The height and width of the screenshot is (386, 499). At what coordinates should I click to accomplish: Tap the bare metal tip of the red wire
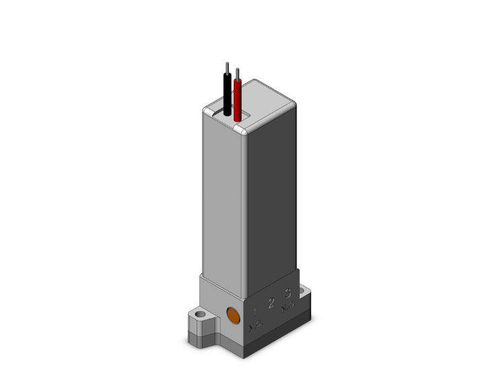click(237, 72)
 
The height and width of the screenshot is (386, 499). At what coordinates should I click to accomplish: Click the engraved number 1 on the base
click(255, 311)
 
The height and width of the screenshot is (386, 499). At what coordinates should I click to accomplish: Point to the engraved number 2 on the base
click(271, 303)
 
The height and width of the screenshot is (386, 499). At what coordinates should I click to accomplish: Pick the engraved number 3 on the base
click(288, 293)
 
